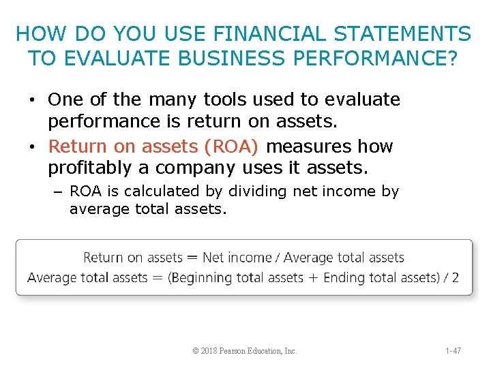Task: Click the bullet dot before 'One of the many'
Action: pos(33,100)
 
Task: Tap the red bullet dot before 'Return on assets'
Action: pos(33,147)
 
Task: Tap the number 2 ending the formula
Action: pos(455,277)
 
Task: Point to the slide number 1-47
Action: pos(453,351)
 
